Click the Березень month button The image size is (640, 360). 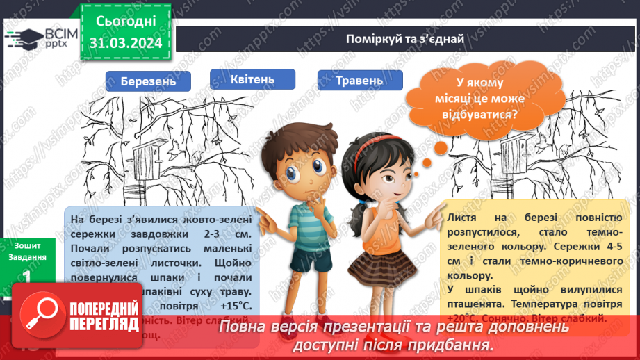(147, 81)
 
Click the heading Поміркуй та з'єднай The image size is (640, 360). (405, 38)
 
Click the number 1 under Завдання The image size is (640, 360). (26, 275)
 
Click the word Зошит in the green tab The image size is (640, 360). (28, 245)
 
